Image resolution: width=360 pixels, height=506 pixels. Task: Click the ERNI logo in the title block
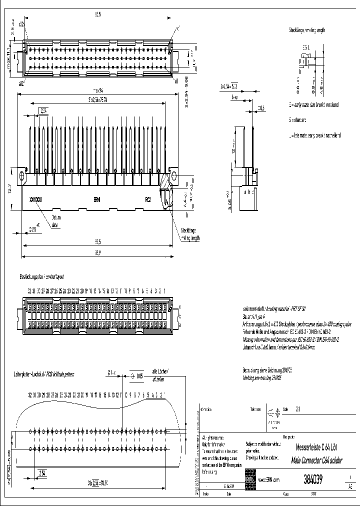click(x=249, y=479)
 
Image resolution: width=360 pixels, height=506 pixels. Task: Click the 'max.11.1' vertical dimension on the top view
click(x=8, y=62)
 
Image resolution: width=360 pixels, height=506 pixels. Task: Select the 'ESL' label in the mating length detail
click(x=305, y=47)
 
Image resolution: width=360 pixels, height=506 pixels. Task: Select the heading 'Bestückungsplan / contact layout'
click(x=43, y=276)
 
